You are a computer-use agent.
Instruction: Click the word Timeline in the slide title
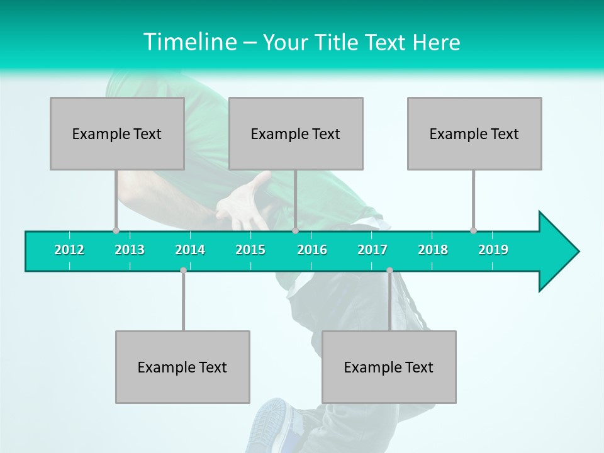coord(189,42)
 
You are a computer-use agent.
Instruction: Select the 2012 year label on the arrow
coord(69,250)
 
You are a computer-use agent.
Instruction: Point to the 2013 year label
coord(130,250)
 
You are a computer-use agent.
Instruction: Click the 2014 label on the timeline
coord(190,250)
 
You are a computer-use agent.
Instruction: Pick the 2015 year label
coord(250,250)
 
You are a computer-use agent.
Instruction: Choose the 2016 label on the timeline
coord(312,250)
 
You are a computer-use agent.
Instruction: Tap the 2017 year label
coord(372,250)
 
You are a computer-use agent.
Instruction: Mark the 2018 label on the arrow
coord(433,250)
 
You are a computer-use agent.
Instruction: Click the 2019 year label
coord(493,250)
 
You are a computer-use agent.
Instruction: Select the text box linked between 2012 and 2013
coord(117,133)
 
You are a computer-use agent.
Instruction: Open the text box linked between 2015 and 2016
coord(296,133)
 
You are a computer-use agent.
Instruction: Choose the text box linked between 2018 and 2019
coord(474,133)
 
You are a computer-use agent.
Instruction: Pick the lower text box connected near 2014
coord(182,367)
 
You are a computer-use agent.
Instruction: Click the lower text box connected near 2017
coord(389,367)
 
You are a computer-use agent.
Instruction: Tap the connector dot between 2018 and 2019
coord(473,230)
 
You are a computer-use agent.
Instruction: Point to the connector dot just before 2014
coord(183,270)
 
